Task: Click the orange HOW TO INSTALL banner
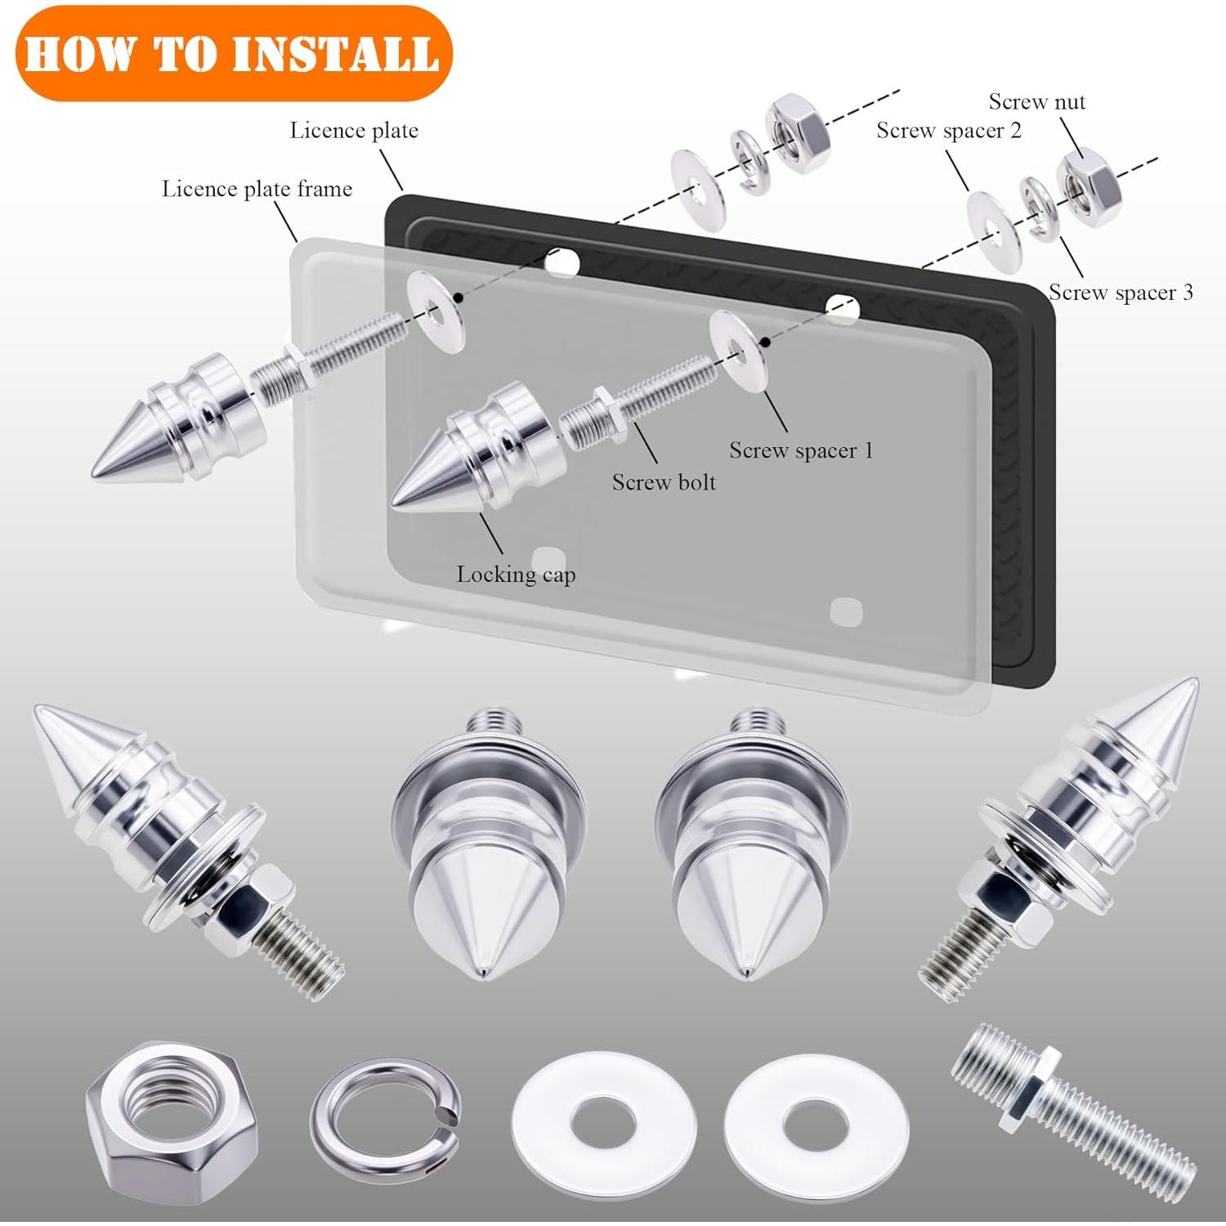point(233,53)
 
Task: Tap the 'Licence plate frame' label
point(257,189)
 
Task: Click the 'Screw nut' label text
point(1036,102)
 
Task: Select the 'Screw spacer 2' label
point(948,131)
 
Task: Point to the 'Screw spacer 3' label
point(1120,293)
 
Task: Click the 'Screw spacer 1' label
point(801,450)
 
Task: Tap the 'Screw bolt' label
point(664,482)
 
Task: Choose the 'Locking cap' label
point(516,575)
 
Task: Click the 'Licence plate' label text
point(354,131)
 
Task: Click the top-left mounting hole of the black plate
point(562,262)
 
